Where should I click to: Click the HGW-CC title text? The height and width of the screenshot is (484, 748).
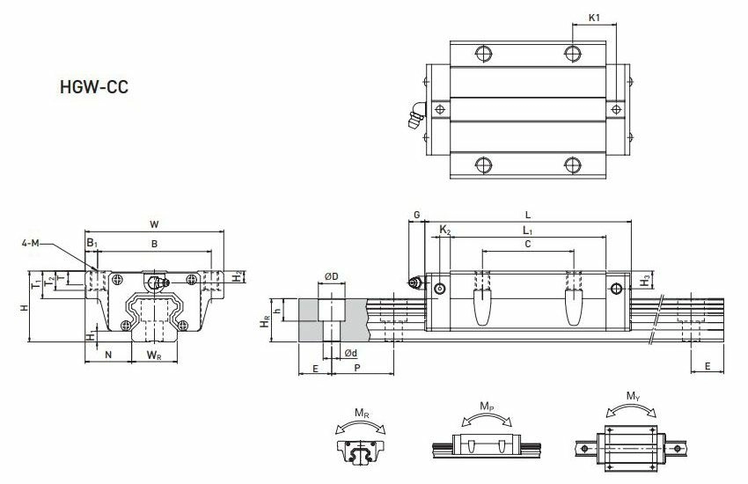click(93, 89)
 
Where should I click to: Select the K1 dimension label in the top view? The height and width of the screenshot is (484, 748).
click(595, 17)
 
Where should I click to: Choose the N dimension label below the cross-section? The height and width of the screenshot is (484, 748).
click(107, 355)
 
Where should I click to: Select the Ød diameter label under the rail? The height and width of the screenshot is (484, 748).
click(349, 354)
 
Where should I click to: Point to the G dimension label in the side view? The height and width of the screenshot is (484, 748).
click(417, 214)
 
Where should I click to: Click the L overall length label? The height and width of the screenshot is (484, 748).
click(527, 214)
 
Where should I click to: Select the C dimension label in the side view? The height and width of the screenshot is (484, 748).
click(527, 246)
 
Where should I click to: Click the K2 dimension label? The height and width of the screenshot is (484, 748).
click(444, 231)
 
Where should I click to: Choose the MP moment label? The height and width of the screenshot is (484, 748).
click(487, 407)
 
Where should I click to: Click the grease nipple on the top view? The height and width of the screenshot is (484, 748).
click(415, 115)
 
